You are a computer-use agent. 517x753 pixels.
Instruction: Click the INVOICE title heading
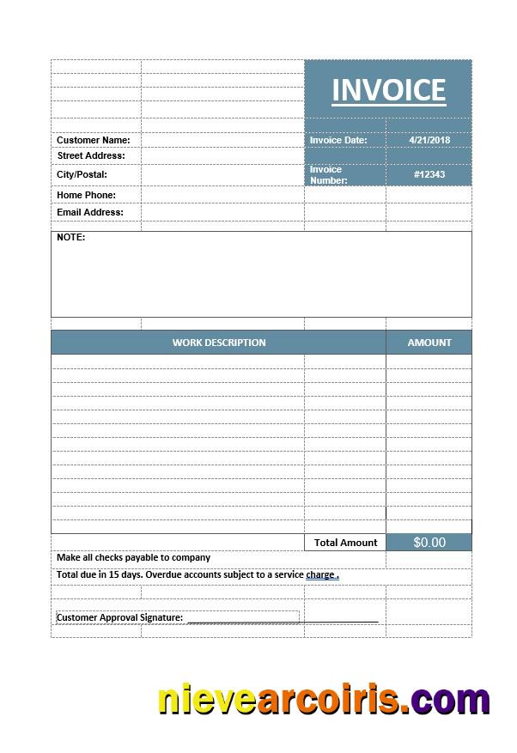388,90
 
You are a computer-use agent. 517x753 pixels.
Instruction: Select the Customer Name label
94,140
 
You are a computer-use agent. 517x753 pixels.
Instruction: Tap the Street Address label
91,155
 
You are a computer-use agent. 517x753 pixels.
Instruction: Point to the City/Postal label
82,174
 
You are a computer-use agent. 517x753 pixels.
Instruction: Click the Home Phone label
86,195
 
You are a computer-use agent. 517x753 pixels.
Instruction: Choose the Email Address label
90,212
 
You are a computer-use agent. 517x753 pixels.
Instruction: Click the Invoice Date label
338,140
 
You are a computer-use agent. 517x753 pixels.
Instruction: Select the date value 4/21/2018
429,140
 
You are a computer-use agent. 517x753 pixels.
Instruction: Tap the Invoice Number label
329,175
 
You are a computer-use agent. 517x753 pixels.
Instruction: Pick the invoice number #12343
429,174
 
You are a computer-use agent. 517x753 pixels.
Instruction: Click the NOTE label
70,237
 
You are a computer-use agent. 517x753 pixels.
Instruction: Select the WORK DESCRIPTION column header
219,343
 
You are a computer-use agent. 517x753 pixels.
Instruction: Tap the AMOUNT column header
429,343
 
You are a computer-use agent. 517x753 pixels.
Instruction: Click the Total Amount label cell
345,543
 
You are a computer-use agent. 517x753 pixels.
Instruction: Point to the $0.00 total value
429,543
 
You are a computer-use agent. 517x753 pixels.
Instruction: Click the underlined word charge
320,574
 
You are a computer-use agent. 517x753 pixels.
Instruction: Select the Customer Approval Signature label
119,617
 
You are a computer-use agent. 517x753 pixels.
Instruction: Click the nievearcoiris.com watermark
324,700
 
